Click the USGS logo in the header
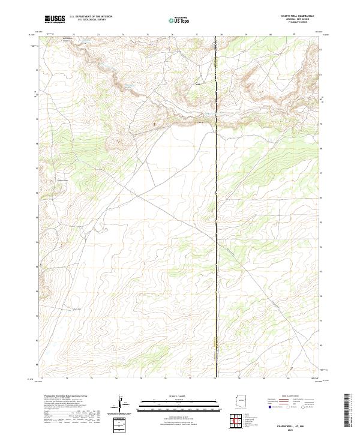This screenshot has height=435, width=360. [55, 20]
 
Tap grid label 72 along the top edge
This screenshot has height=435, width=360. [73, 35]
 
